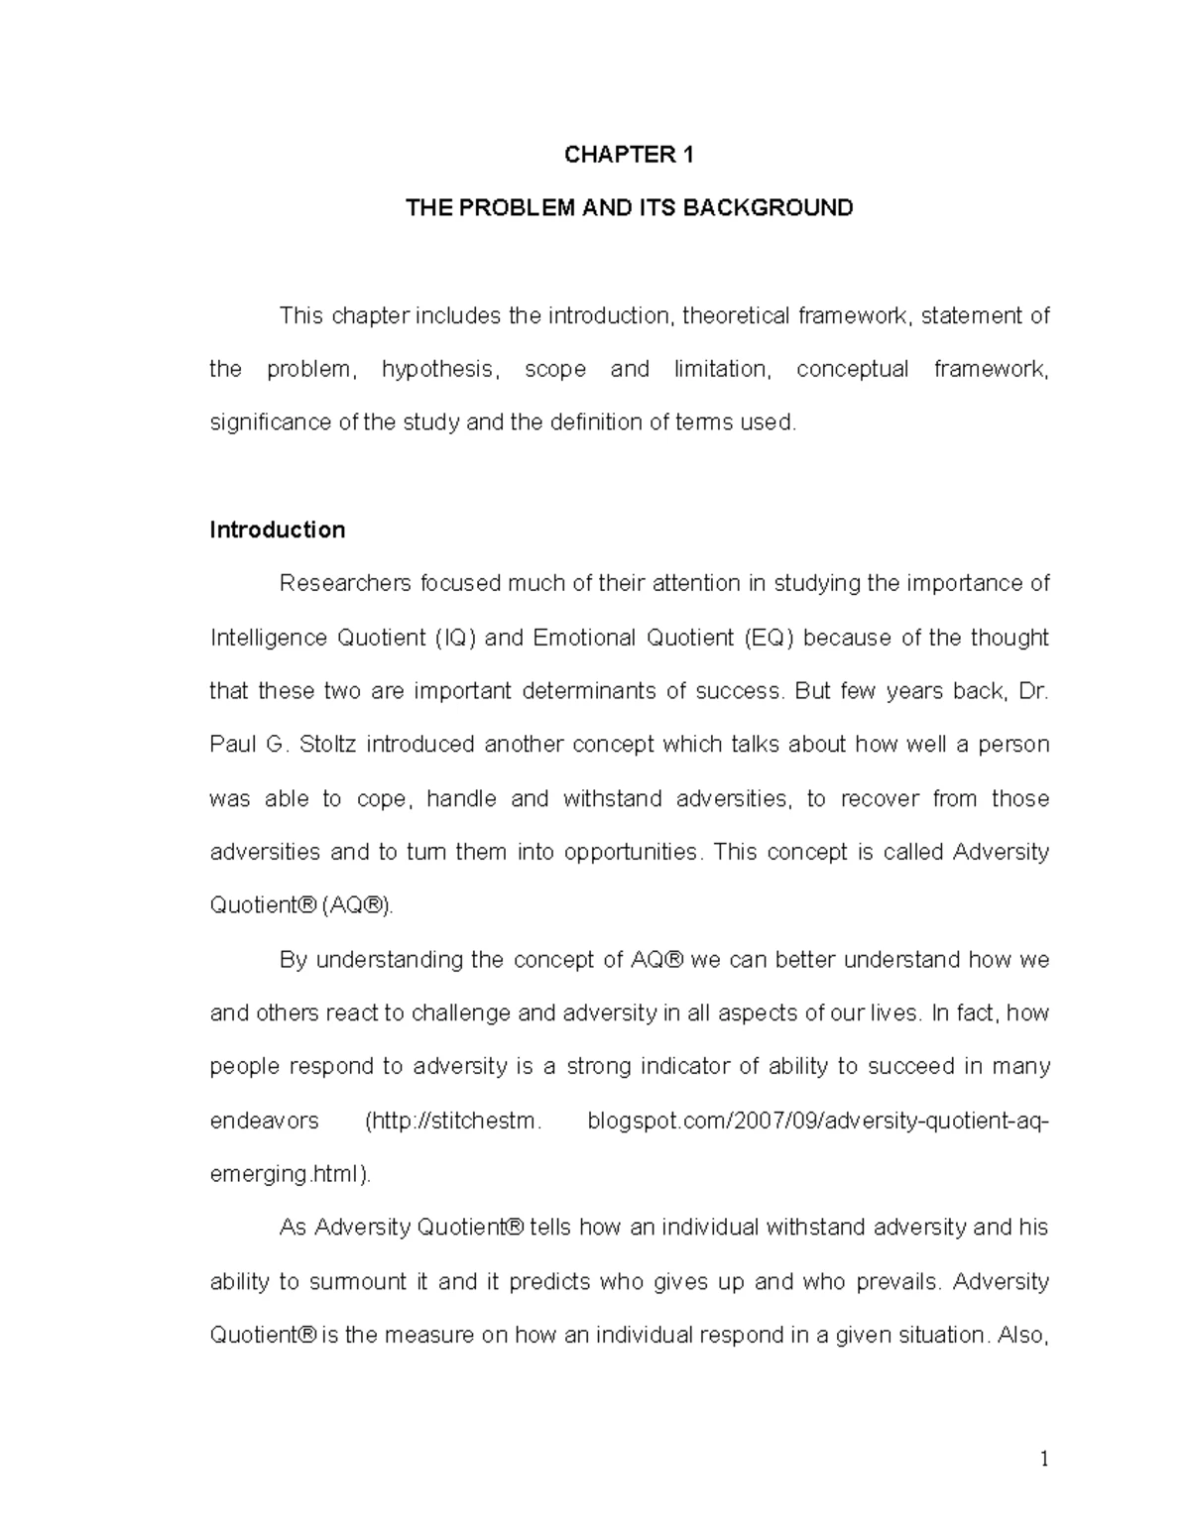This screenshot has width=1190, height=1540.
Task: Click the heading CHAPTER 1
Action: tap(629, 155)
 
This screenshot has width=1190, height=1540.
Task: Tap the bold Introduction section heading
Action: tap(277, 531)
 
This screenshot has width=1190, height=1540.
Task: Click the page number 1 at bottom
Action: tap(1044, 1459)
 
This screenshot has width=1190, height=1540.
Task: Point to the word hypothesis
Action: tap(438, 370)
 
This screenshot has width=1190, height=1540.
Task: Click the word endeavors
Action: tap(265, 1122)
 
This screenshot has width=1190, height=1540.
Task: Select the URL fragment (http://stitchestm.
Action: tap(454, 1122)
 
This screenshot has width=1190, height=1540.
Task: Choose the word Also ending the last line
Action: tap(1020, 1336)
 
